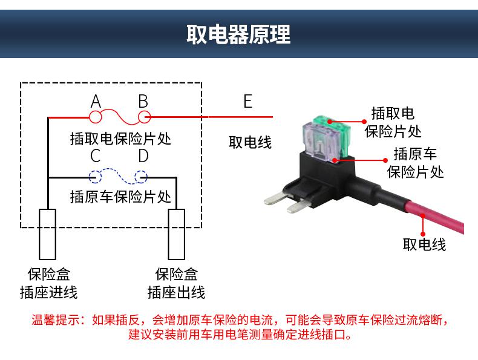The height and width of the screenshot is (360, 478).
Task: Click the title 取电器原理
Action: click(x=238, y=34)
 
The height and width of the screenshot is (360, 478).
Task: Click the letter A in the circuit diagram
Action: click(x=96, y=101)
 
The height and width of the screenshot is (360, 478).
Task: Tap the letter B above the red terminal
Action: click(x=143, y=101)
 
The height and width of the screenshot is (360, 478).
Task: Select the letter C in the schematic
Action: click(x=96, y=155)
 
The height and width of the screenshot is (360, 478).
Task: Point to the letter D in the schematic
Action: click(x=143, y=155)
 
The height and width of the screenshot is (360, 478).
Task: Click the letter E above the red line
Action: click(x=248, y=101)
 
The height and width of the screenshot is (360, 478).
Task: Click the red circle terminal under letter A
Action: click(x=95, y=117)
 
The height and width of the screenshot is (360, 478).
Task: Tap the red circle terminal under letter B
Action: click(x=144, y=117)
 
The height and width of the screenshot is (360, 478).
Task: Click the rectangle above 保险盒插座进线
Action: click(x=48, y=234)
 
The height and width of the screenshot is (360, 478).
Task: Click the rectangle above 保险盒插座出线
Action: click(x=177, y=234)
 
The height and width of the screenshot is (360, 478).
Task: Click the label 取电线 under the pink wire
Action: click(x=424, y=244)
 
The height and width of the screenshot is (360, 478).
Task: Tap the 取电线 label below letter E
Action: click(x=250, y=142)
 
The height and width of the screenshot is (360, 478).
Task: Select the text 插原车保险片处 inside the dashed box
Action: click(x=121, y=197)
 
